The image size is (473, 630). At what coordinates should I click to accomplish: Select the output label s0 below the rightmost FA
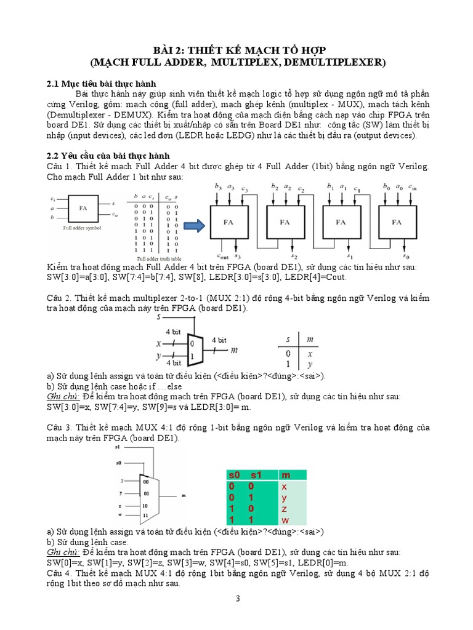tap(405, 255)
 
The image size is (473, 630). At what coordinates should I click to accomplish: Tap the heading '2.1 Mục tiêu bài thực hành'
tap(102, 83)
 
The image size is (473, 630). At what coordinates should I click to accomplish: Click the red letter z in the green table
tap(285, 509)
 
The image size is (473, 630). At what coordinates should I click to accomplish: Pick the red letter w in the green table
tap(285, 520)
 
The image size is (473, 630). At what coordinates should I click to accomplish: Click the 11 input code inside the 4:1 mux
tap(146, 514)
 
